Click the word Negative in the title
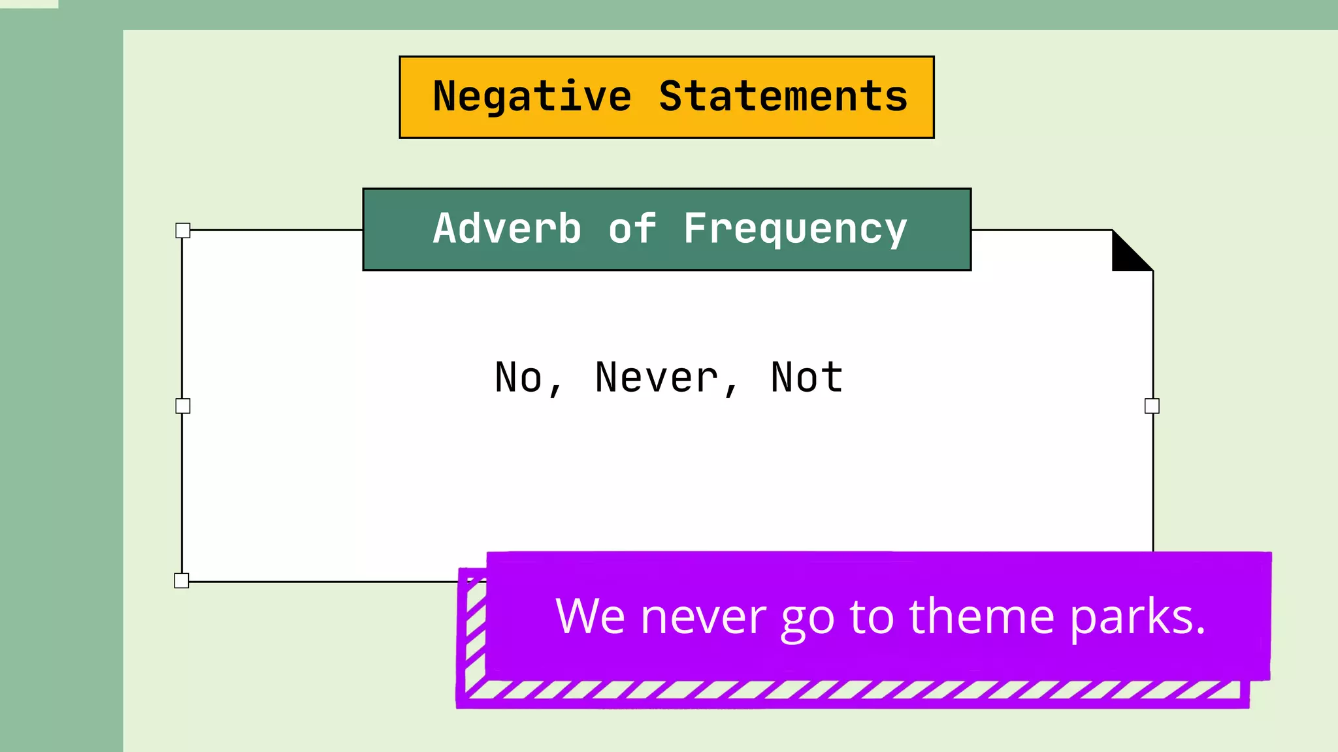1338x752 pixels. coord(532,97)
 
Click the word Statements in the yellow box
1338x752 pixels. coord(783,97)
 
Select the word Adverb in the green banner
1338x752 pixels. coord(507,229)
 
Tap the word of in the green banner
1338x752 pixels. coord(632,229)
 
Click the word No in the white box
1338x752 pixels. coord(519,377)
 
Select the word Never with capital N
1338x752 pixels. coord(657,377)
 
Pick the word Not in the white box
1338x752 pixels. coord(807,377)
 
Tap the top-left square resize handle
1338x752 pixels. coord(183,230)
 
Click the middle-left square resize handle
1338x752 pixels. coord(183,406)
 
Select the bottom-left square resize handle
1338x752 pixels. coord(182,580)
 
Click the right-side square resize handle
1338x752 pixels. coord(1152,406)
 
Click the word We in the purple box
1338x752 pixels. coord(590,616)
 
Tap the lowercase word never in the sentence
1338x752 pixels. coord(704,618)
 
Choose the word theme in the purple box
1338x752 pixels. coord(981,616)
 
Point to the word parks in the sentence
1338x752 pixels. coord(1132,618)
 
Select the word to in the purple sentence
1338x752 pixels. coord(872,618)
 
